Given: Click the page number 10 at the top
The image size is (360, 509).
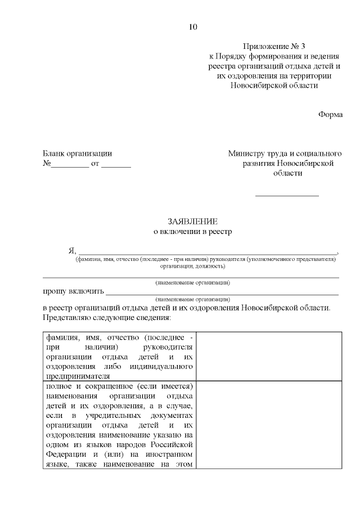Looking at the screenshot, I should pyautogui.click(x=193, y=26).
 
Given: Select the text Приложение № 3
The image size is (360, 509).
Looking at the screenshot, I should pyautogui.click(x=274, y=46).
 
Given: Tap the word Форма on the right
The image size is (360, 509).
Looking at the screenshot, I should pyautogui.click(x=330, y=114).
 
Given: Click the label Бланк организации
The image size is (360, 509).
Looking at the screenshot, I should pyautogui.click(x=78, y=153).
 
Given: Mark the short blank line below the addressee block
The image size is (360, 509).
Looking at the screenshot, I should pyautogui.click(x=287, y=195).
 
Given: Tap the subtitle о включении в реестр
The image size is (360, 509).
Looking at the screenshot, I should pyautogui.click(x=192, y=231).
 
